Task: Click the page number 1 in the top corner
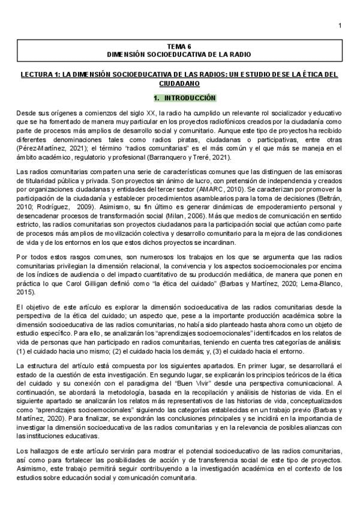(340, 25)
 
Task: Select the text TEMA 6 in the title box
(180, 46)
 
